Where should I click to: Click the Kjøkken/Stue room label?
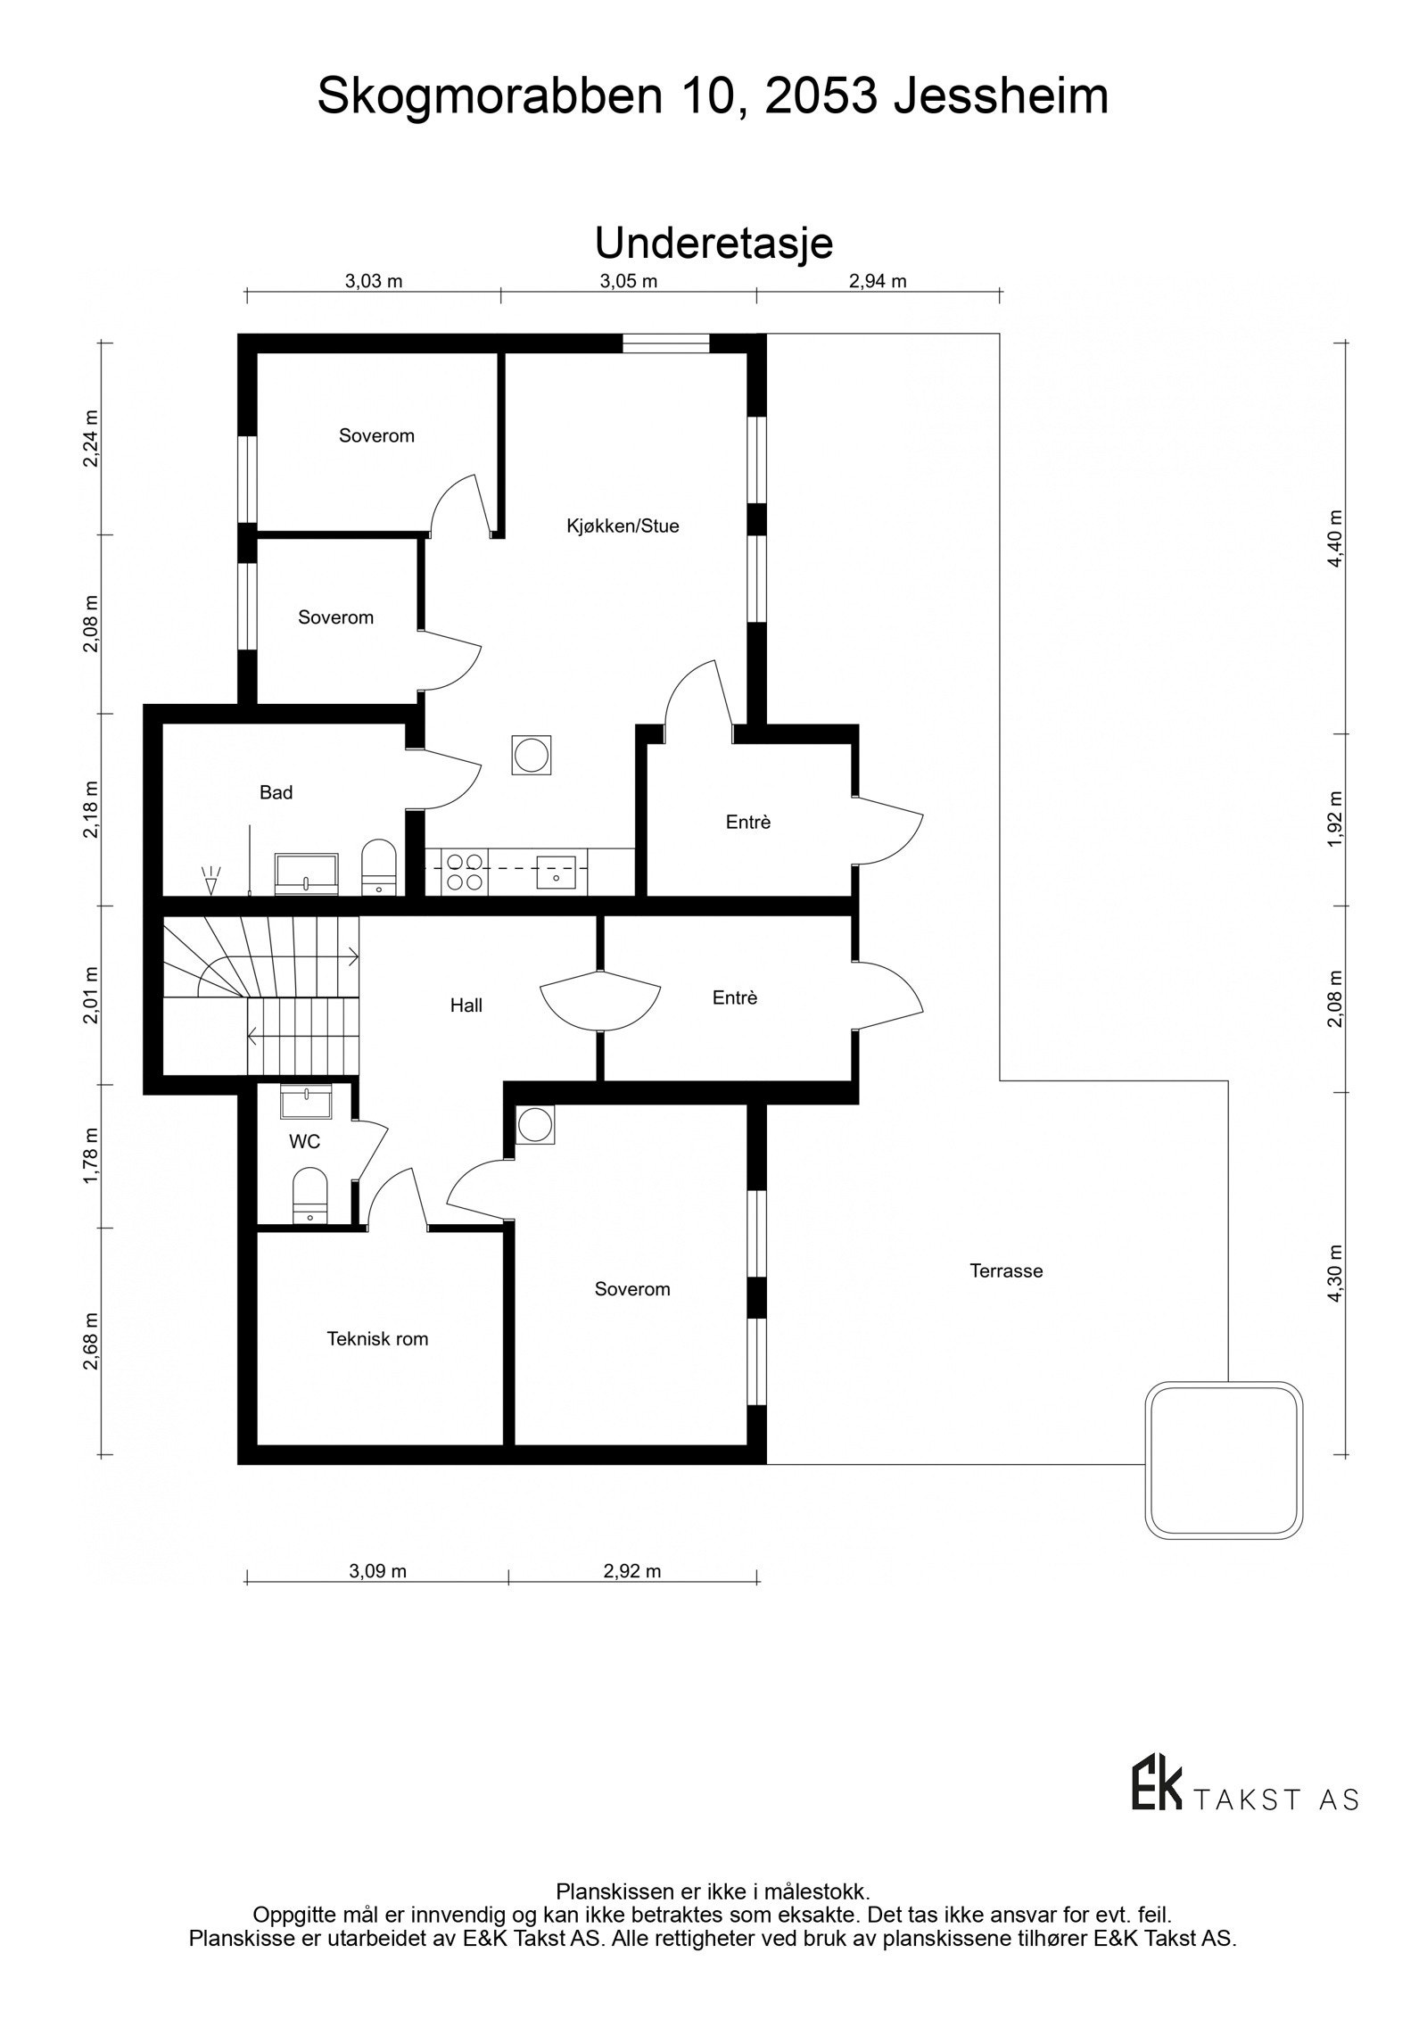point(623,525)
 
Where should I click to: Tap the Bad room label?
point(276,792)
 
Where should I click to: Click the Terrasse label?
point(1006,1270)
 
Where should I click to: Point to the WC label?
point(304,1142)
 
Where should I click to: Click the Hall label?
point(466,1005)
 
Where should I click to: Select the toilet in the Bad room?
point(378,865)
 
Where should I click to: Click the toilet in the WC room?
point(310,1196)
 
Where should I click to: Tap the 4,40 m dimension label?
point(1334,538)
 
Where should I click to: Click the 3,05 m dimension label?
point(628,282)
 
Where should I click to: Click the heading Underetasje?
point(713,243)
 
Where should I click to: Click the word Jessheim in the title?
point(1001,96)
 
